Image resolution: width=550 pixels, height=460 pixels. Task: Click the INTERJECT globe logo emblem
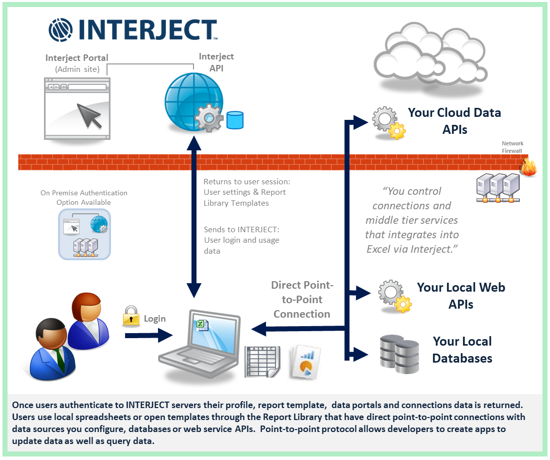click(60, 30)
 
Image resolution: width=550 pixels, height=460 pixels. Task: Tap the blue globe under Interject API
click(194, 101)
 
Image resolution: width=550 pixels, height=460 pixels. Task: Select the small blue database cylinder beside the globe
click(235, 120)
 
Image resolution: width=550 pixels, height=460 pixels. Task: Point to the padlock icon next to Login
click(131, 316)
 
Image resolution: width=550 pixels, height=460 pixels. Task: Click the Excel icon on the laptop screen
click(202, 325)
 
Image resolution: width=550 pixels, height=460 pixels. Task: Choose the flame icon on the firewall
click(528, 166)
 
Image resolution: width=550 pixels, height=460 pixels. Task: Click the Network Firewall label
click(512, 147)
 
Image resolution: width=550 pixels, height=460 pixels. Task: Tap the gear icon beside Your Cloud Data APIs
click(388, 123)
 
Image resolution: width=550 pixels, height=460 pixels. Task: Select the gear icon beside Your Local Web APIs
click(394, 296)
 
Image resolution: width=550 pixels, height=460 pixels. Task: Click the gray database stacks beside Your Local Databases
click(399, 354)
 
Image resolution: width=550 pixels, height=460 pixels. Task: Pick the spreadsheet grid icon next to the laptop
click(262, 362)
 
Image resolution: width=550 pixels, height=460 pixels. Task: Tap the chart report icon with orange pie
click(305, 362)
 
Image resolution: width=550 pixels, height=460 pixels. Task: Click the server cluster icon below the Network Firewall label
click(497, 188)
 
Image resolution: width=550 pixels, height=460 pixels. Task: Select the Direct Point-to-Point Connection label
click(302, 300)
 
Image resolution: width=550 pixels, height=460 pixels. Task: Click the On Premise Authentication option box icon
click(84, 234)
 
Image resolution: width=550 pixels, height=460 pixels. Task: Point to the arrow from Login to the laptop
click(148, 336)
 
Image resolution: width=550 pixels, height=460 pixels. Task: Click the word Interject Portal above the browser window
click(77, 58)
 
